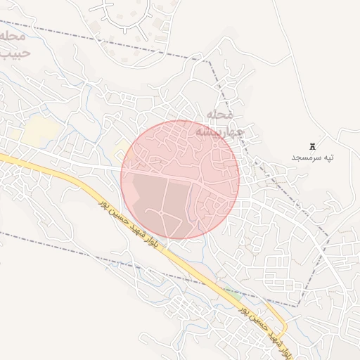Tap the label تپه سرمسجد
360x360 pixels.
point(312,157)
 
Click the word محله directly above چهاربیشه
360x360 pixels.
point(224,114)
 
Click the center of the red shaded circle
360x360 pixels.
point(180,179)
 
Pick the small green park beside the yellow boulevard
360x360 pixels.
point(232,292)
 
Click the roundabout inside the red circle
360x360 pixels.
point(161,213)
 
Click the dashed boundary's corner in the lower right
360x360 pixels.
point(298,306)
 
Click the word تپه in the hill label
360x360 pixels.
point(326,157)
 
